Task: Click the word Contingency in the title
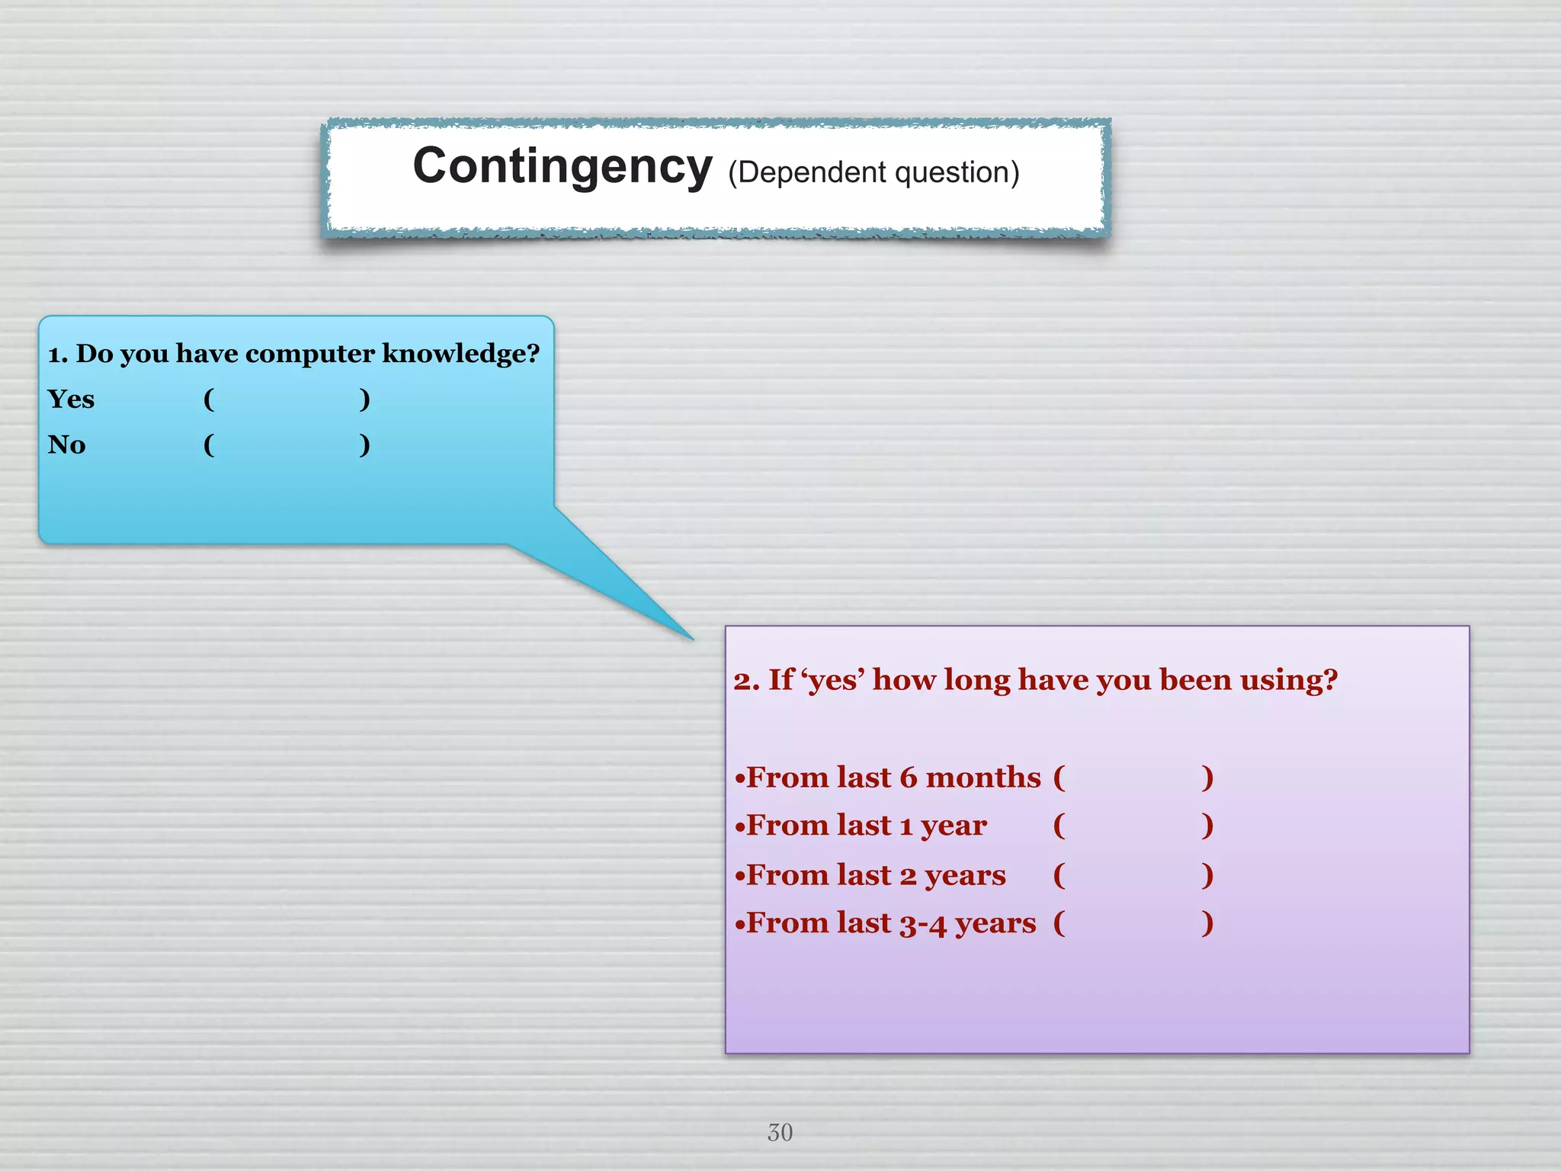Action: point(563,167)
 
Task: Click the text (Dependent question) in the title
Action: point(873,173)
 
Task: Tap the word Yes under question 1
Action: point(71,399)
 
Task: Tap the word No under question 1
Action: point(66,444)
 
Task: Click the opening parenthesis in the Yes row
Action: point(209,399)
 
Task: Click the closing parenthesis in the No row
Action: point(364,444)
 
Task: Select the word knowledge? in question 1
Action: point(460,354)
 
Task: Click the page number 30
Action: point(780,1132)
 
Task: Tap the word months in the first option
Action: point(983,778)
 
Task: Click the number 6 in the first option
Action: point(908,778)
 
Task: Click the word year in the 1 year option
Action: point(954,826)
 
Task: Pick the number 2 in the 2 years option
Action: point(908,876)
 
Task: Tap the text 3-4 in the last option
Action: point(922,924)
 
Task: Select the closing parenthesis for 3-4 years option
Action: point(1207,923)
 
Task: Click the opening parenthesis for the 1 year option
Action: point(1059,826)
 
